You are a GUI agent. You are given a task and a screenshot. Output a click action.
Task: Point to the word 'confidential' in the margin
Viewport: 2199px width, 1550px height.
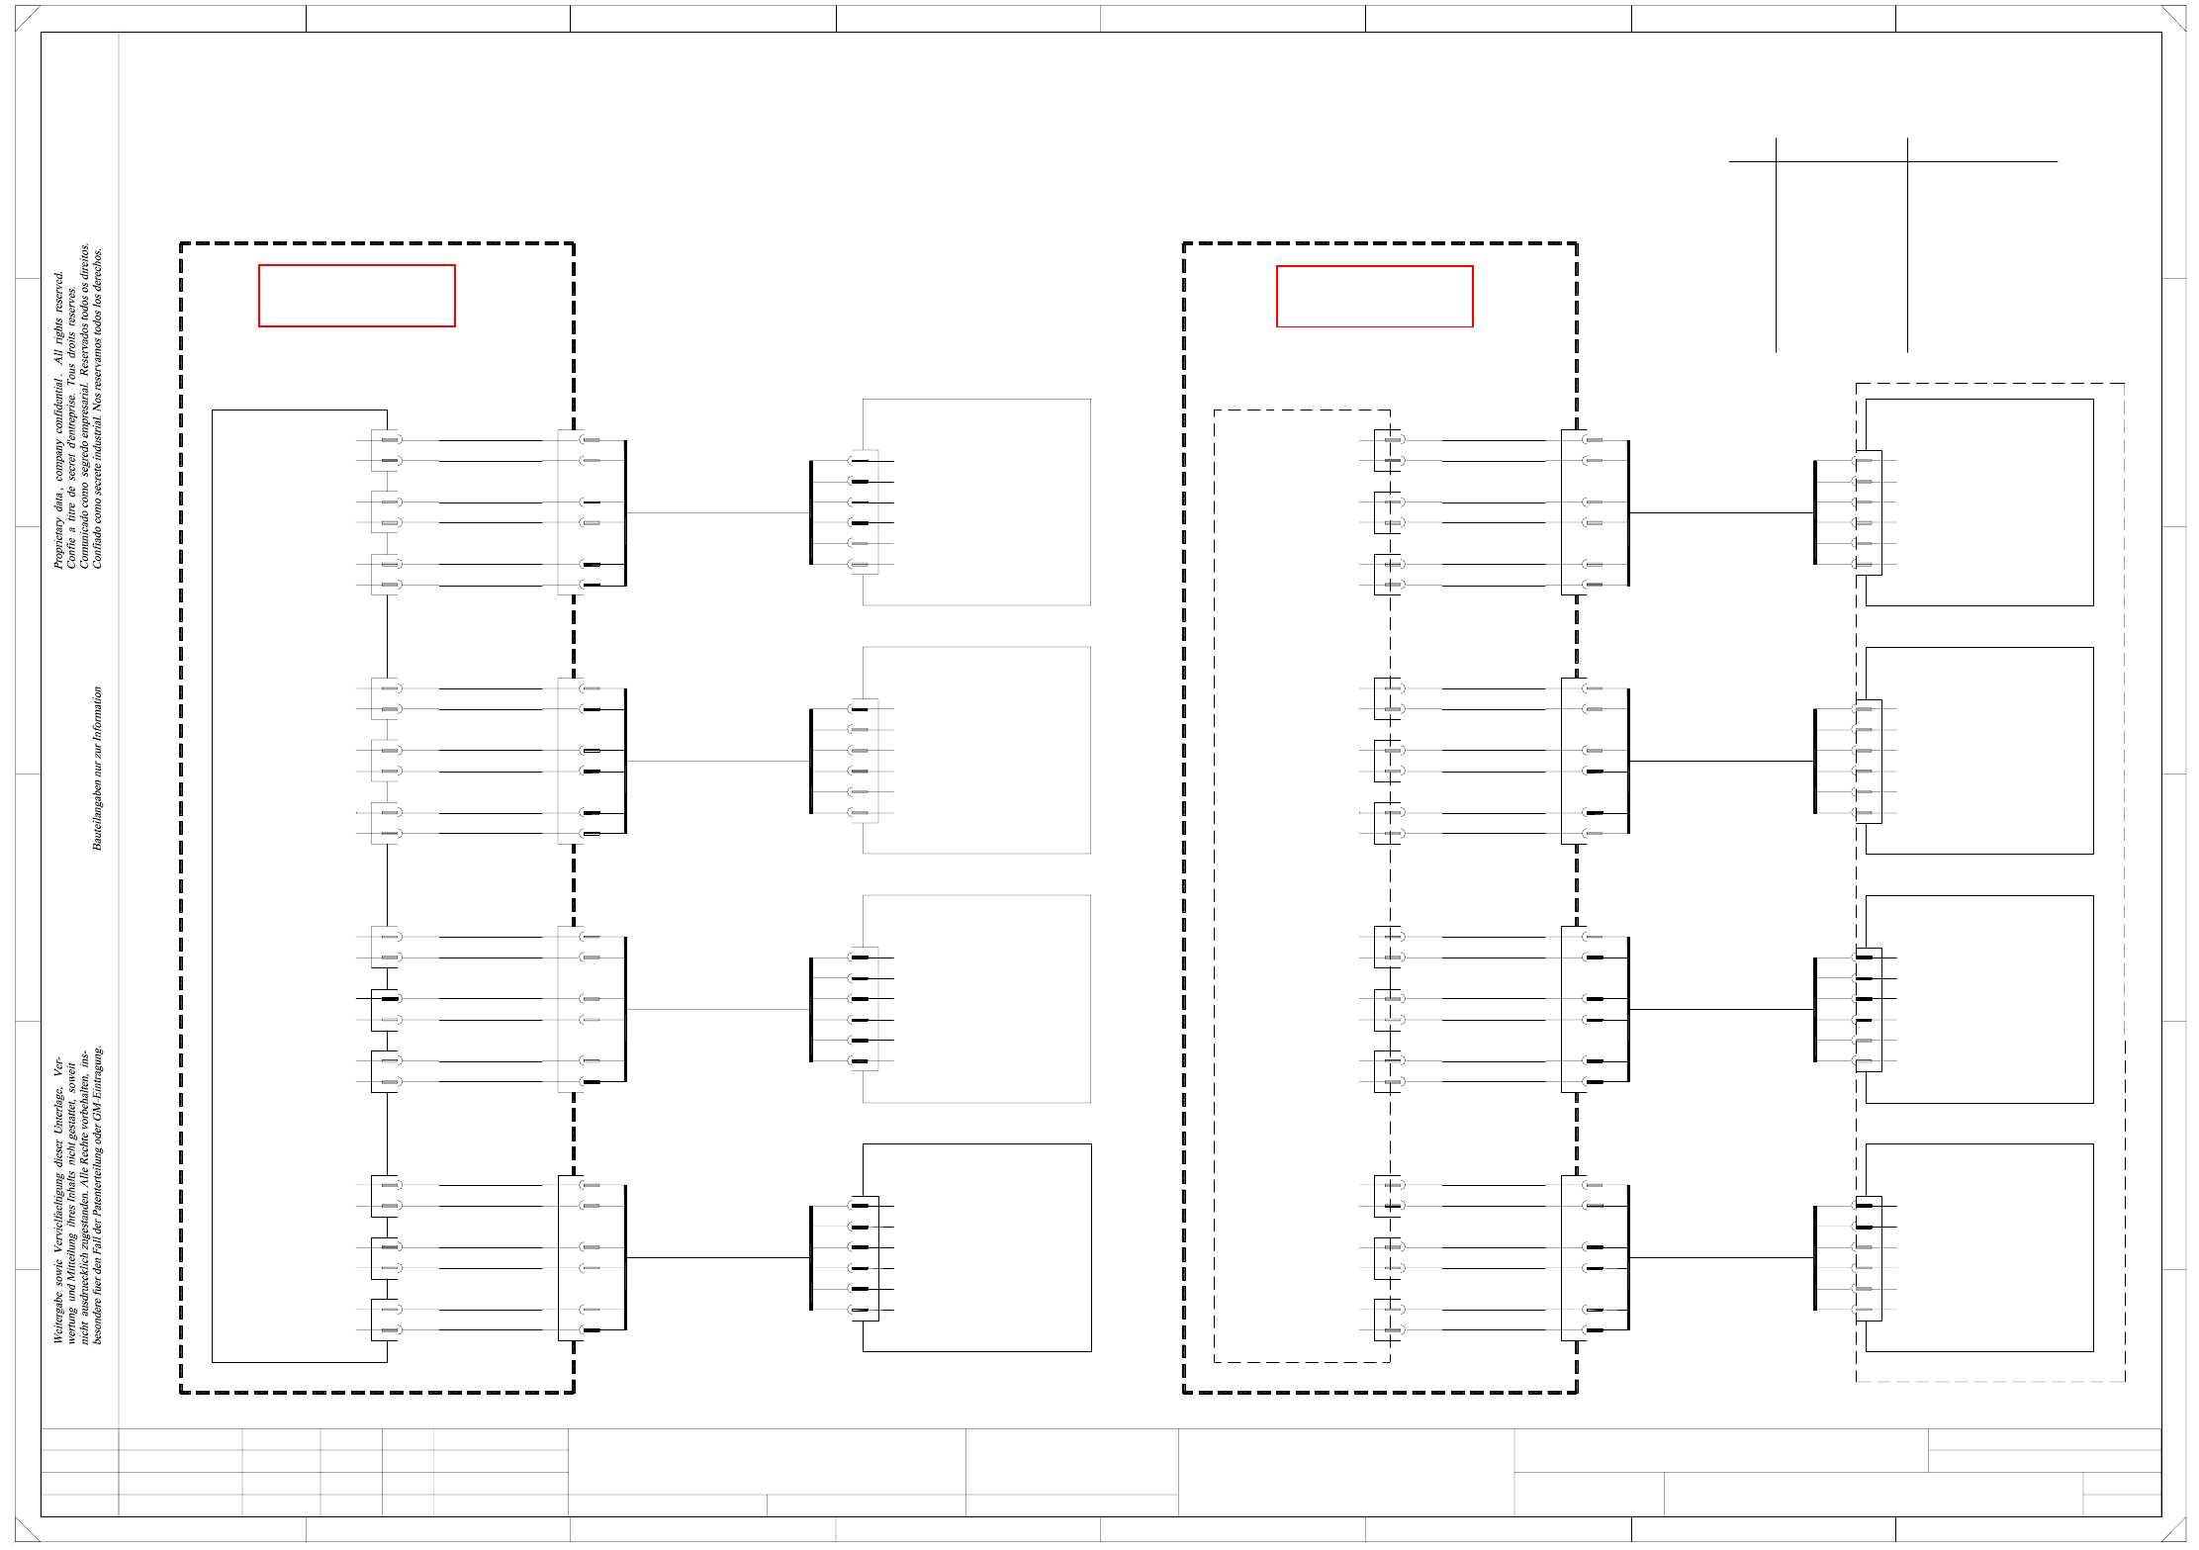coord(58,414)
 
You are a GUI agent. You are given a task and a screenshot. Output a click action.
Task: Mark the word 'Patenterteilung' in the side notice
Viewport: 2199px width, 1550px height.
coord(97,1187)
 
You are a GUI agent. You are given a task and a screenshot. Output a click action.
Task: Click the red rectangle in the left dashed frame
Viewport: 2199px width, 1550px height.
coord(356,295)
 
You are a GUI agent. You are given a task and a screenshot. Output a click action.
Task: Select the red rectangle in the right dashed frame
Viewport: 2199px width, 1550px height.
coord(1374,296)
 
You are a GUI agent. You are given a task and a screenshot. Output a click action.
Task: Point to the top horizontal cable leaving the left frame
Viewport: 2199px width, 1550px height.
coord(717,512)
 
